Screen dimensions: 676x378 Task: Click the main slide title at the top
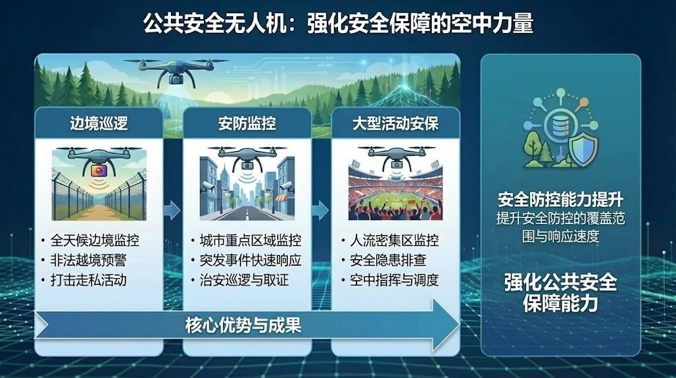(x=338, y=23)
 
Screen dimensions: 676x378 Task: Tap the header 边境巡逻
(x=99, y=124)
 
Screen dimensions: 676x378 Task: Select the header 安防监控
(x=247, y=124)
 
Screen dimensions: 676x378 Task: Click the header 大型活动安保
(x=395, y=124)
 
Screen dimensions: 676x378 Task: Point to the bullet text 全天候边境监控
(x=95, y=240)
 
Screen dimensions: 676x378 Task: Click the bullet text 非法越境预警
(x=88, y=260)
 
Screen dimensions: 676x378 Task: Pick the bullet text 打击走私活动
(x=88, y=280)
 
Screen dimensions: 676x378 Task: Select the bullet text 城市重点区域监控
(x=250, y=240)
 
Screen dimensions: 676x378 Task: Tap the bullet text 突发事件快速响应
(x=250, y=260)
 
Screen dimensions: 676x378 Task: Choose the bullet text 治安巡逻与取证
(x=244, y=280)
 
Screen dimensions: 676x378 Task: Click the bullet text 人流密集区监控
(x=394, y=240)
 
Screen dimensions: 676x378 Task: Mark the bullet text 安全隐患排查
(x=388, y=260)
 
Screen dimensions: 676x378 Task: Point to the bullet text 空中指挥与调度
(x=394, y=280)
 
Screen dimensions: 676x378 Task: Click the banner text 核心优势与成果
(x=243, y=325)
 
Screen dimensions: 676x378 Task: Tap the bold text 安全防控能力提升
(x=560, y=200)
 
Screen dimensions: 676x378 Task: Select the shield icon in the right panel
(x=583, y=149)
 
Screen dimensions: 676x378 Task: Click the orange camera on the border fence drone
(x=98, y=170)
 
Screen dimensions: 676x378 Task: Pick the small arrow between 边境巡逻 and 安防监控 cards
(x=172, y=210)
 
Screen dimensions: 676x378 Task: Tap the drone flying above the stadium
(x=396, y=157)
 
